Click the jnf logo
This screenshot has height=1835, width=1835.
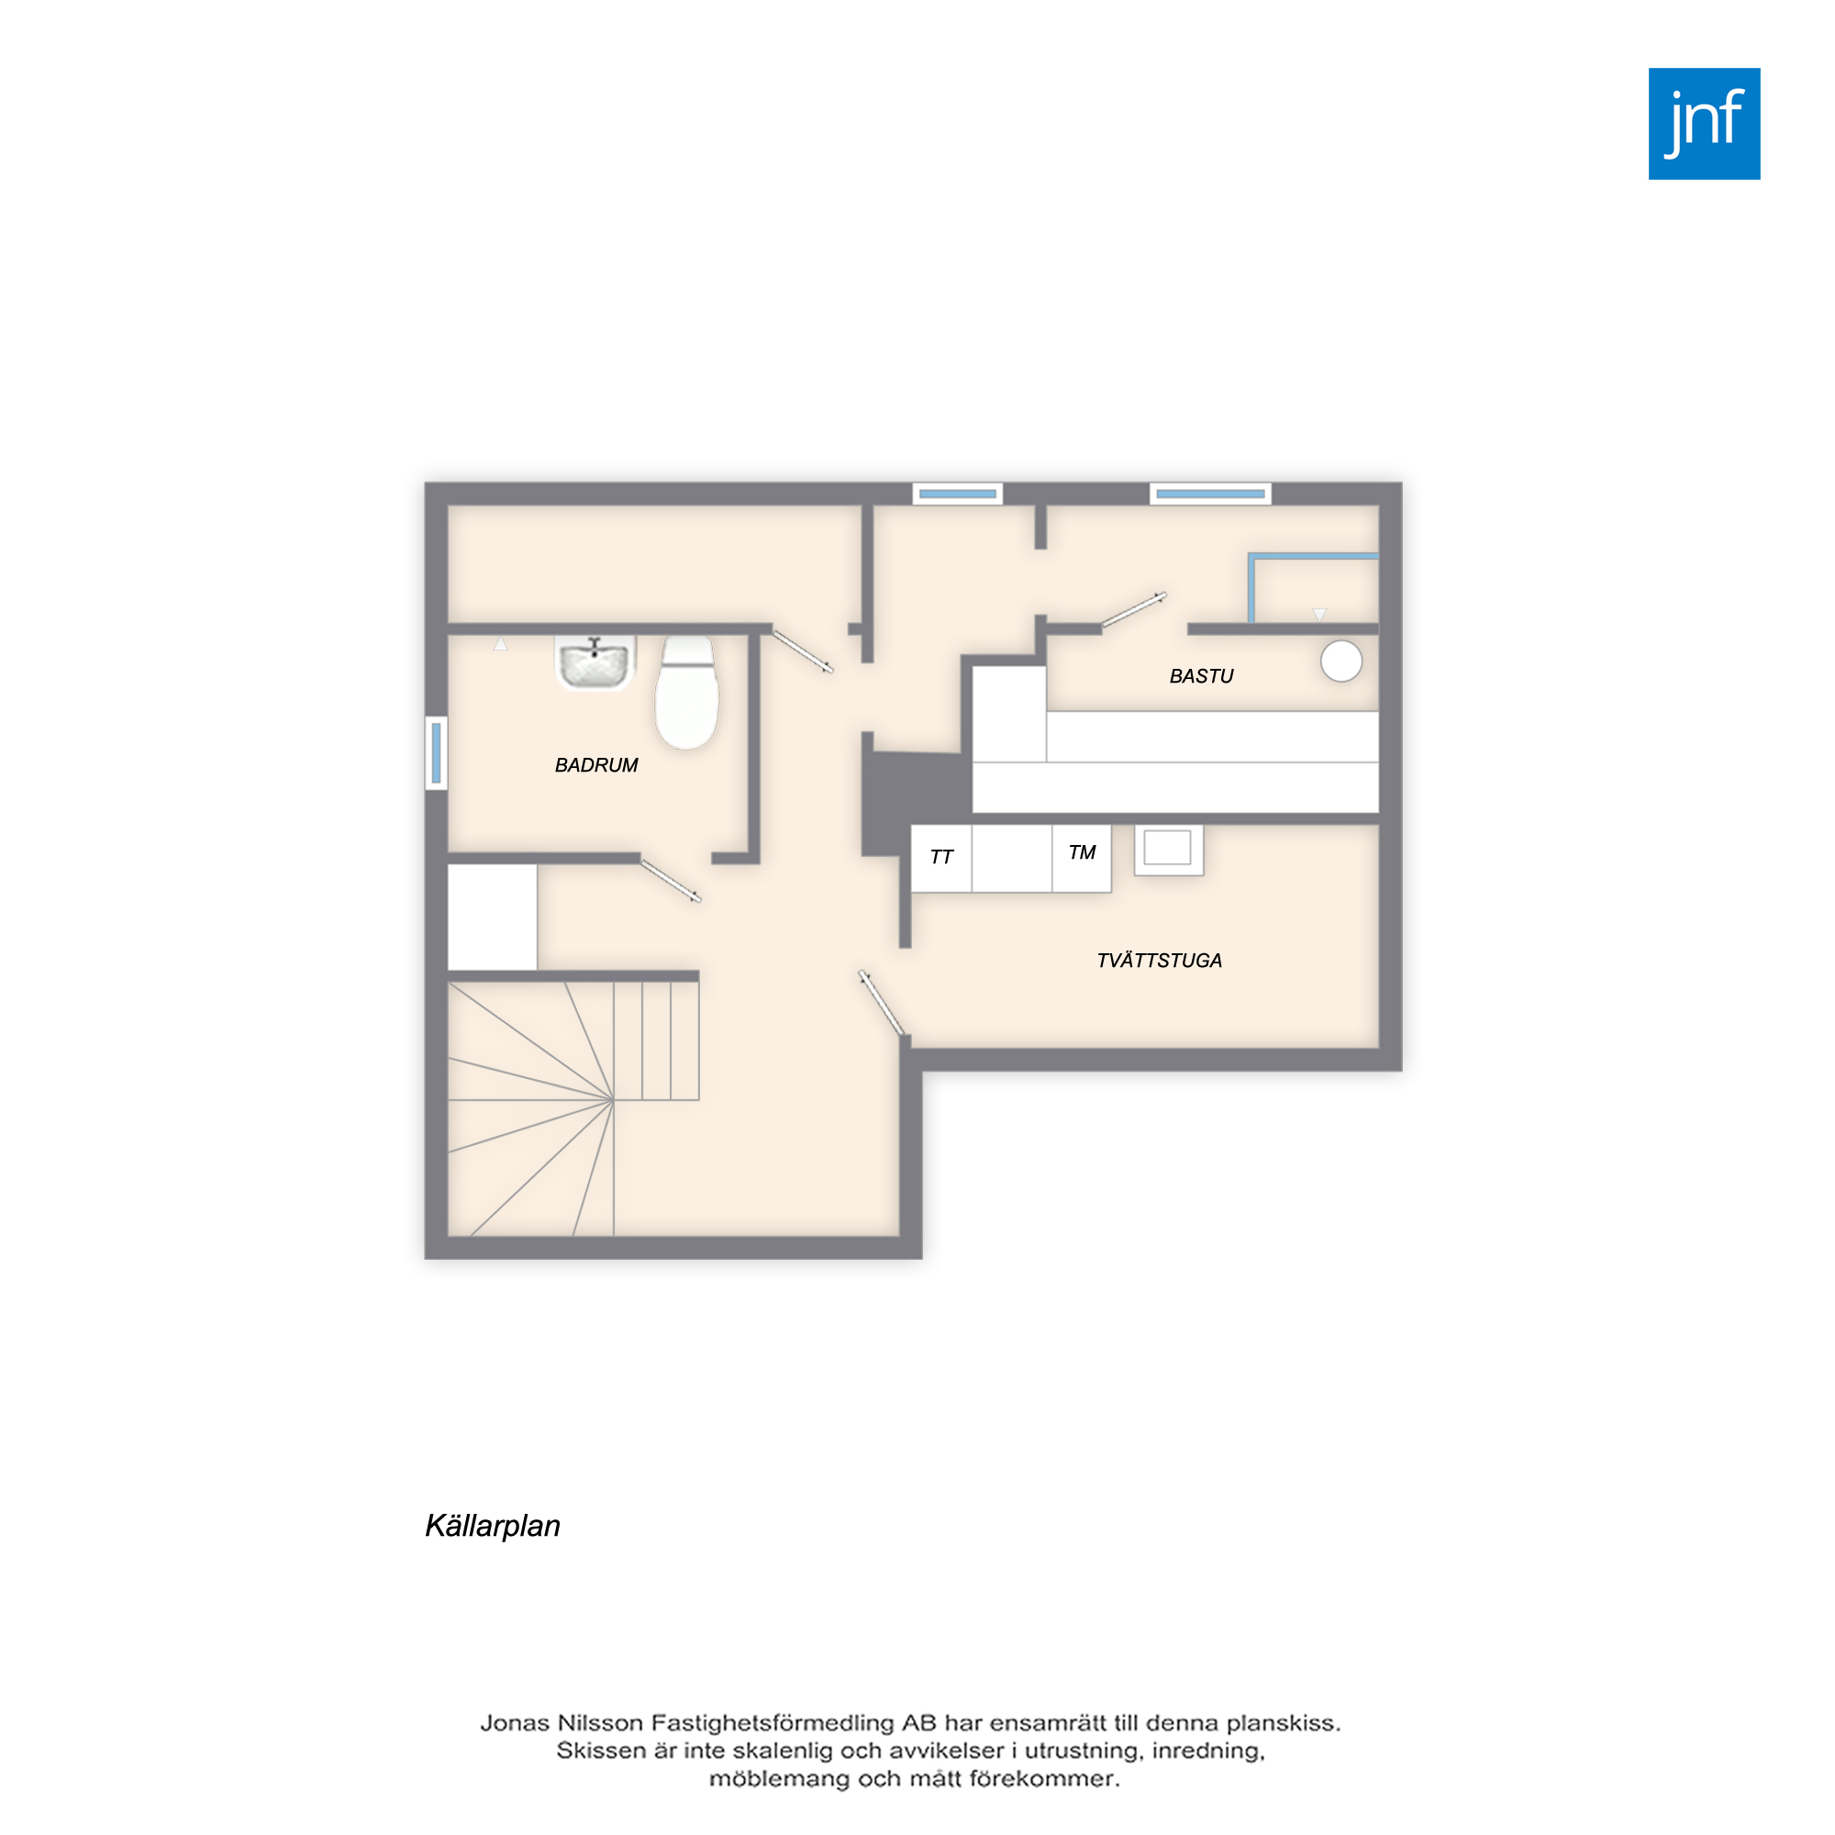pos(1704,124)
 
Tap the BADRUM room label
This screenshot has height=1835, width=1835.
pos(596,765)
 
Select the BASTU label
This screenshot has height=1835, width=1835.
pos(1202,676)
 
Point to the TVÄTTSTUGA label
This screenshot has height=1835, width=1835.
pos(1159,961)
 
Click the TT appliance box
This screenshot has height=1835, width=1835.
pos(941,859)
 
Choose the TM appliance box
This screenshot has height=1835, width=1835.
pos(1082,859)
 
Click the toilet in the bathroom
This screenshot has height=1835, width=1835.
pos(686,693)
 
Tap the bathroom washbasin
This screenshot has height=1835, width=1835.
pos(595,663)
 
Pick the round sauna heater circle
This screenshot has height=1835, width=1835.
pos(1341,661)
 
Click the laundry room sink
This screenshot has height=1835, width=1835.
pos(1168,848)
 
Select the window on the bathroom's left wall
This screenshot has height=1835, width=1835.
pos(436,752)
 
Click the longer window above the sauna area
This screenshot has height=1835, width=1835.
pos(1210,494)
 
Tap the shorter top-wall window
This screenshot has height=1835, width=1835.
pos(957,494)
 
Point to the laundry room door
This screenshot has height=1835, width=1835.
pos(882,1003)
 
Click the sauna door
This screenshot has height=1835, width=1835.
pos(1134,610)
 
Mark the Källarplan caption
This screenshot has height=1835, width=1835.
pos(492,1526)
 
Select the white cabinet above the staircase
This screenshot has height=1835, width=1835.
pos(492,917)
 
